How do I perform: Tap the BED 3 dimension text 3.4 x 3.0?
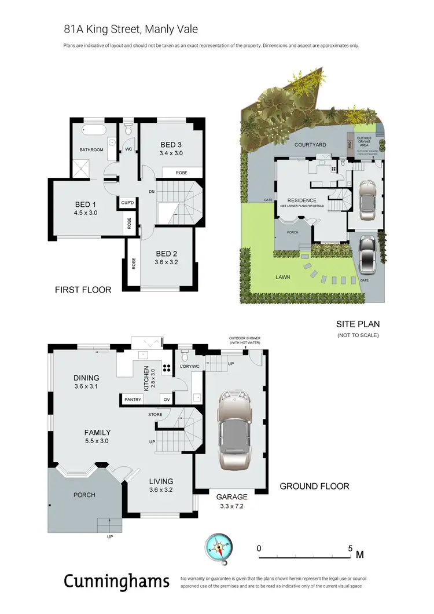(171, 153)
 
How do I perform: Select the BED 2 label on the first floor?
(167, 253)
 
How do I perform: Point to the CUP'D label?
(127, 203)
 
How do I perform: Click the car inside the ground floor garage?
(234, 431)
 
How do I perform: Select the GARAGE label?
(231, 496)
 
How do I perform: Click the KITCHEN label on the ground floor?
(146, 378)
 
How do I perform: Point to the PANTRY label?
(134, 399)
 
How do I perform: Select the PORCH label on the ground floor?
(84, 495)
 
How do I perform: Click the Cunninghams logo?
(116, 580)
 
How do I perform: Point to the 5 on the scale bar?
(351, 547)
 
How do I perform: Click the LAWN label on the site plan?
(283, 277)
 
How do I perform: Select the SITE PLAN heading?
(358, 324)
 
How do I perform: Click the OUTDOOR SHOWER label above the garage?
(245, 340)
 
